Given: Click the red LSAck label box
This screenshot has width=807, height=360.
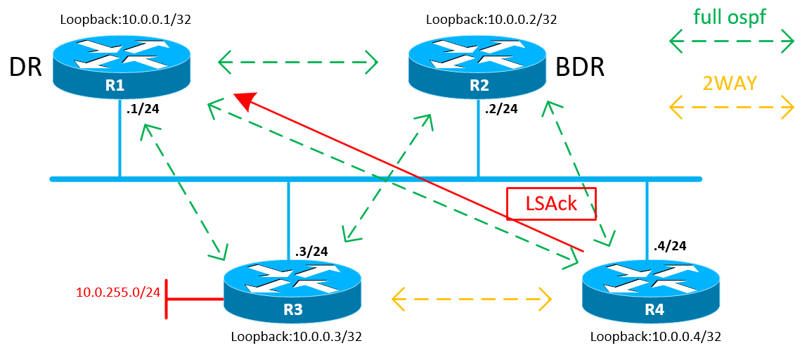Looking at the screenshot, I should (552, 204).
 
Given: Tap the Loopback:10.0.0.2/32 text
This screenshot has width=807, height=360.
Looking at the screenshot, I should (492, 20).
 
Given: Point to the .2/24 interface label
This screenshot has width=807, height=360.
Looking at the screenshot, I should (502, 109).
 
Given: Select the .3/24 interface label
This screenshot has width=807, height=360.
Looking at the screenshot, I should (311, 251).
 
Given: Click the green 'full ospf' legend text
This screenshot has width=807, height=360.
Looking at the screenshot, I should (731, 17).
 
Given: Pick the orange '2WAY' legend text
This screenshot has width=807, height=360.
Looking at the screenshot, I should (730, 84).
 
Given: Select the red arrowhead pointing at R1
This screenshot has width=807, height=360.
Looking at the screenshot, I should (244, 101).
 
